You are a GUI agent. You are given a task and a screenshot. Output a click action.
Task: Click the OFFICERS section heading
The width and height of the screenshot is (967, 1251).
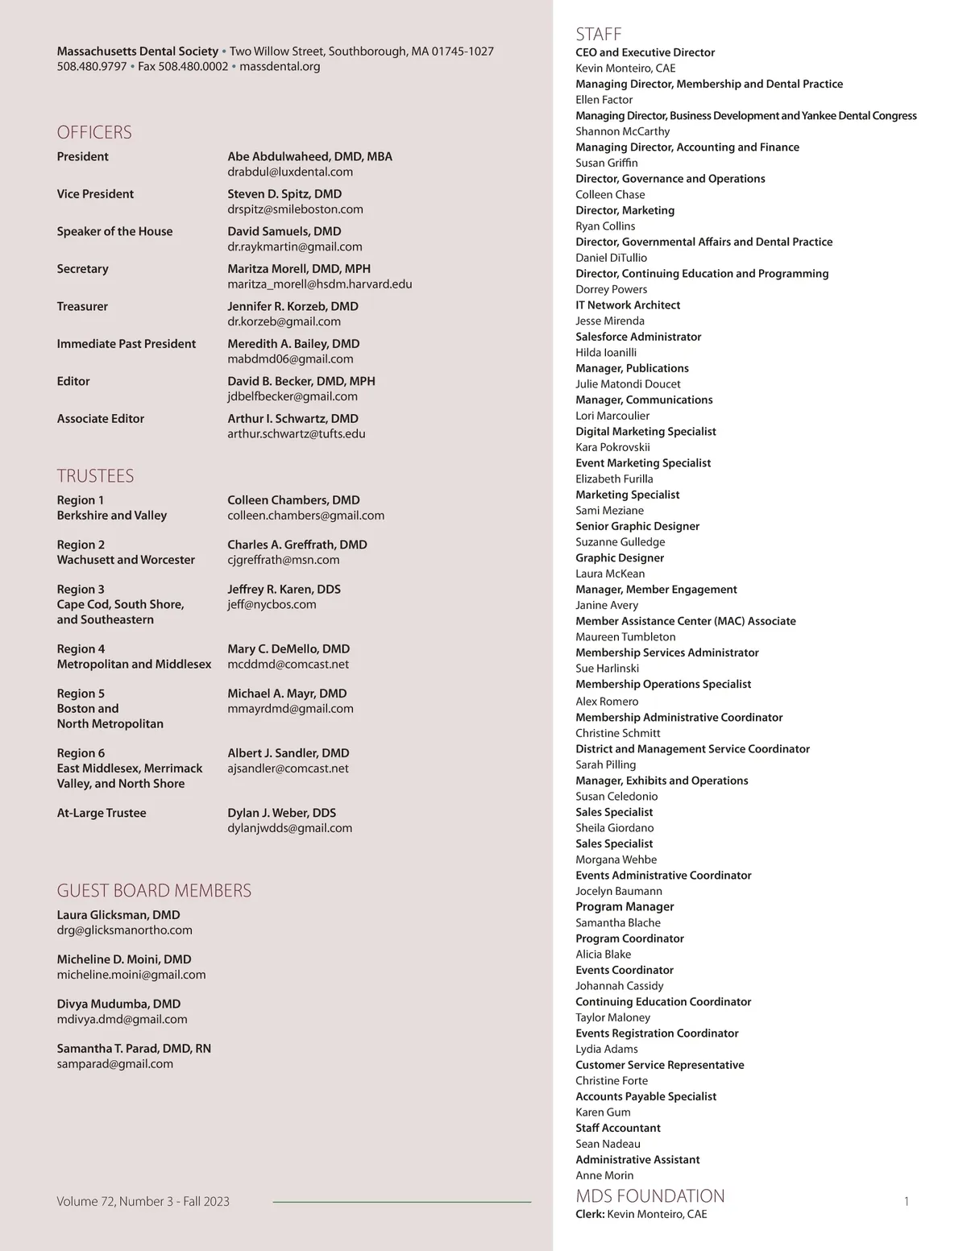click(x=94, y=132)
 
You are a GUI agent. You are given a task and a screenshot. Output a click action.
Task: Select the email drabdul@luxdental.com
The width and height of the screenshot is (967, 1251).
click(x=290, y=172)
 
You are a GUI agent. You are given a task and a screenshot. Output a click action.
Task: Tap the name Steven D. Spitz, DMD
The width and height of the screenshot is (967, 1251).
click(x=284, y=194)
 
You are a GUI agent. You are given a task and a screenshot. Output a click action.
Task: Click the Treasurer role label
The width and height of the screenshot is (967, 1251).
click(x=82, y=306)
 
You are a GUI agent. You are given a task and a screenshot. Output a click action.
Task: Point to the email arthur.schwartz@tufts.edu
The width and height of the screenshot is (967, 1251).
click(x=297, y=433)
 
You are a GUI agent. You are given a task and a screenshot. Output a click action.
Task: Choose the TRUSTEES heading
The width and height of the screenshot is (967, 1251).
click(x=95, y=475)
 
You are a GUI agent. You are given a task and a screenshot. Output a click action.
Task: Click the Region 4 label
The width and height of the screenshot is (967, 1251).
click(x=81, y=648)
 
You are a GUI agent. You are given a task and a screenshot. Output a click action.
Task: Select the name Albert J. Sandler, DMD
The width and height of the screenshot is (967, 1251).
click(x=288, y=753)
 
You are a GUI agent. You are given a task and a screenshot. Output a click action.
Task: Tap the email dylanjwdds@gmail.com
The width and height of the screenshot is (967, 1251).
click(x=290, y=828)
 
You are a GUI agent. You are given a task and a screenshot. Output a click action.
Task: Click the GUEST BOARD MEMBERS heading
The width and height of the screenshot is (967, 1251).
click(x=154, y=890)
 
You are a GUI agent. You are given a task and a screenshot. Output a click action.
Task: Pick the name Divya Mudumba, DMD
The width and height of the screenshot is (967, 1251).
click(x=118, y=1004)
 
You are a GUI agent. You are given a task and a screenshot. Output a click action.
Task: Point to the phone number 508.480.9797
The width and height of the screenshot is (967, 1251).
click(x=92, y=66)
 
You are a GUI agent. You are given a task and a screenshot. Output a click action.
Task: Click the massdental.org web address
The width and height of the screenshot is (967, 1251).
click(x=280, y=66)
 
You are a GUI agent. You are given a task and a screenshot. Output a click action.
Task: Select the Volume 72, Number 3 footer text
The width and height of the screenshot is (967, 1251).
click(x=143, y=1201)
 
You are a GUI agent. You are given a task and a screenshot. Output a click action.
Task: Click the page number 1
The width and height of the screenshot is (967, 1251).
click(x=907, y=1202)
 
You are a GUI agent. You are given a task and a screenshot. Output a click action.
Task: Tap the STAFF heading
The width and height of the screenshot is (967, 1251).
click(x=599, y=34)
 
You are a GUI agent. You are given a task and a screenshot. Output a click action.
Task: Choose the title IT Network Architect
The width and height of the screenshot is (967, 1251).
click(x=628, y=305)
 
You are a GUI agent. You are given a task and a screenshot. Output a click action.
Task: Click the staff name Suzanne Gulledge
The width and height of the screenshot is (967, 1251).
click(x=620, y=542)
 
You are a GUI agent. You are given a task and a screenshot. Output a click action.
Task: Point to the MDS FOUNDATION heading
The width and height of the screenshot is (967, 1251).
click(x=650, y=1195)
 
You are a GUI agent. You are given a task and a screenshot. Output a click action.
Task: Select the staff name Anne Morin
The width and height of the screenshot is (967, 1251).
click(x=604, y=1175)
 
